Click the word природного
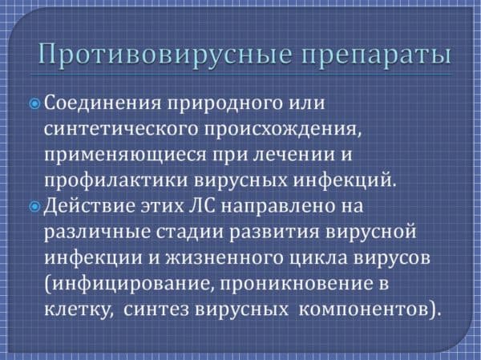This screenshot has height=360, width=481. tap(224, 103)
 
